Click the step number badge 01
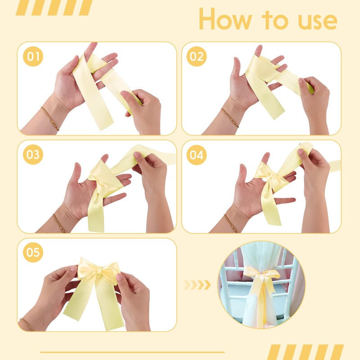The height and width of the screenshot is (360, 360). click(x=33, y=57)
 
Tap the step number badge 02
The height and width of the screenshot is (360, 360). click(x=197, y=57)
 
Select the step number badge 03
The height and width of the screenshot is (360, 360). click(x=33, y=154)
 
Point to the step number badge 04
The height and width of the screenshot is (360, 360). click(x=197, y=155)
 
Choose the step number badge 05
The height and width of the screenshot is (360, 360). click(x=33, y=252)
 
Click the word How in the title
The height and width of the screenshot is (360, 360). click(x=225, y=19)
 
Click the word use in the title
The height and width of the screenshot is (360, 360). click(x=318, y=22)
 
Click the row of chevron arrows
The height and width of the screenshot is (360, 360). click(x=197, y=285)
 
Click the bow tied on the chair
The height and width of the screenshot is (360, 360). click(x=262, y=283)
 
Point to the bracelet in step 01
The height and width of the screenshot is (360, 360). click(x=50, y=118)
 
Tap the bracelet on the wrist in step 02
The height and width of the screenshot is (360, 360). click(x=230, y=117)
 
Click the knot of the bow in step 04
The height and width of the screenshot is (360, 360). click(x=273, y=177)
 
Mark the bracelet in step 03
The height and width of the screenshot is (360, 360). click(x=59, y=223)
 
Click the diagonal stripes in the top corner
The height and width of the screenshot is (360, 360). click(x=54, y=8)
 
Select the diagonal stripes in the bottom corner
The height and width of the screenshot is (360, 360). click(x=306, y=352)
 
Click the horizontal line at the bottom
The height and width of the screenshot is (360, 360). click(x=132, y=352)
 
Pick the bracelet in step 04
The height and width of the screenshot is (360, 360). click(x=231, y=223)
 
